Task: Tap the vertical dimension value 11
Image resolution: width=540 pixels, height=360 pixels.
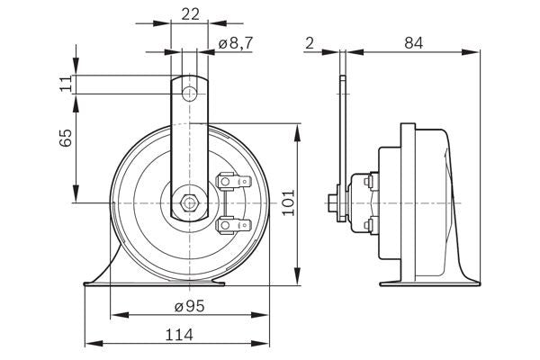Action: point(66,84)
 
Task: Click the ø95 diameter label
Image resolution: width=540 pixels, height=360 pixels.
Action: point(190,306)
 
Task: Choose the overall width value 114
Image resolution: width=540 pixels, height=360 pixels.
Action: point(178,335)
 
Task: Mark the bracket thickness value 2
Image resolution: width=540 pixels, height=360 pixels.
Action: point(309,41)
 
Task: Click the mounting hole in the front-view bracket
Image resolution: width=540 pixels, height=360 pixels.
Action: point(190,94)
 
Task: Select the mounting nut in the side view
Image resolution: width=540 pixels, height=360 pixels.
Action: point(335,202)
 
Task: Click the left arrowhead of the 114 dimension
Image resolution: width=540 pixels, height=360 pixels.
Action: point(88,343)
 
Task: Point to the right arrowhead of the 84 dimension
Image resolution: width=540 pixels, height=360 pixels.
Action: point(477,51)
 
